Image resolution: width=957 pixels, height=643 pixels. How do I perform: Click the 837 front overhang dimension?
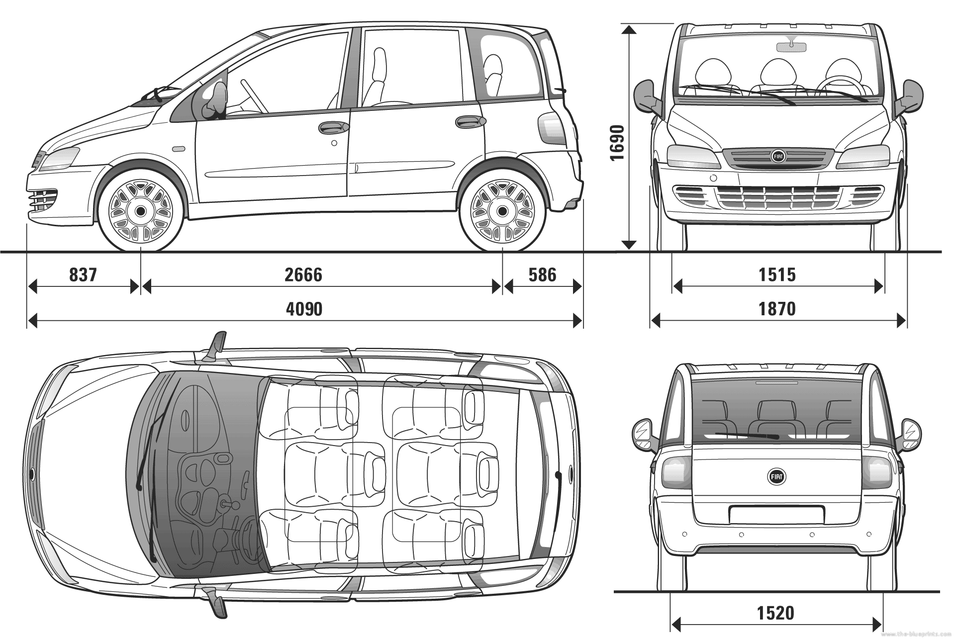tap(83, 275)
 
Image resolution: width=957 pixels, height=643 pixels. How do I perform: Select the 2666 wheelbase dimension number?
tap(303, 275)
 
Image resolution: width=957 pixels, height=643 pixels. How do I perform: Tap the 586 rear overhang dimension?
tap(542, 275)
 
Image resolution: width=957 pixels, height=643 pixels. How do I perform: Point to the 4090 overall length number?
tap(304, 309)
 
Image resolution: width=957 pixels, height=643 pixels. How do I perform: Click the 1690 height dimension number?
tap(617, 142)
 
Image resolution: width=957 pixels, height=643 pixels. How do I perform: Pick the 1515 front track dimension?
tap(777, 275)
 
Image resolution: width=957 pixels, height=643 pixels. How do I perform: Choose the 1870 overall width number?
tap(777, 309)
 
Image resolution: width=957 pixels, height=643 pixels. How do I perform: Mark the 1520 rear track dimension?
tap(776, 613)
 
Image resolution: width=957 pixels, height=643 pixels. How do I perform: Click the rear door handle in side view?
tap(471, 122)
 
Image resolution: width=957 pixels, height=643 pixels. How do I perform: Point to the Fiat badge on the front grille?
tap(777, 156)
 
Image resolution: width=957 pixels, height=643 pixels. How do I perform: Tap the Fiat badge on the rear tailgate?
tap(777, 476)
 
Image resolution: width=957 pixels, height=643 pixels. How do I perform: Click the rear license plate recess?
tap(776, 514)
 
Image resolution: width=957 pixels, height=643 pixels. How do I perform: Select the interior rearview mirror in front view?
tap(791, 46)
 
